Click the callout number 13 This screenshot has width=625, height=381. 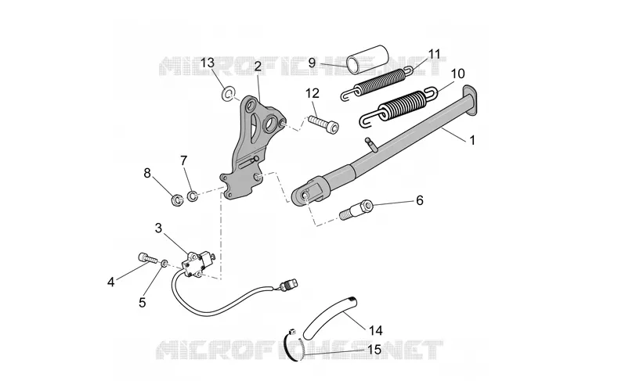point(208,63)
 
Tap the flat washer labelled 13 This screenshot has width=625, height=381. point(228,95)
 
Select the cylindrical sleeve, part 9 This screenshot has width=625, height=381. point(367,59)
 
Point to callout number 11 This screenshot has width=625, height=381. point(435,54)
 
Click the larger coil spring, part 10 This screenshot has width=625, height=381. point(399,106)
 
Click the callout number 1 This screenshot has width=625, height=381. point(472,140)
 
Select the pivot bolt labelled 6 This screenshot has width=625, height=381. point(356,210)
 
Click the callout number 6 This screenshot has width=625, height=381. point(419,200)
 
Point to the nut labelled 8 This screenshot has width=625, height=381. point(176,199)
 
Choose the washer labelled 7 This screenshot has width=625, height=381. point(193,196)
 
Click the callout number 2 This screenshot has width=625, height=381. point(258,66)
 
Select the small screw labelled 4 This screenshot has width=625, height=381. point(147,257)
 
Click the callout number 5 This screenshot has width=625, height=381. point(143,303)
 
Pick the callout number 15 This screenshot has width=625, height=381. point(374,350)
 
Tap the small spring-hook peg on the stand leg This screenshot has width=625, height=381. point(371,143)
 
